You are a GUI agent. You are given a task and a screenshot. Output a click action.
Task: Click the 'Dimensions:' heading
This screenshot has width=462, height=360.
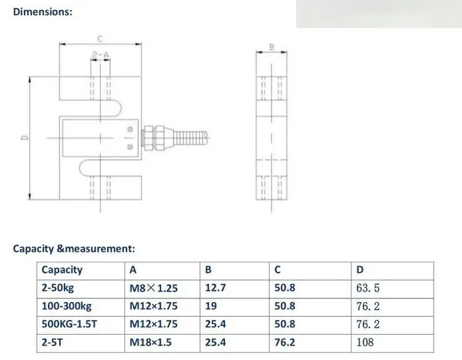pos(43,12)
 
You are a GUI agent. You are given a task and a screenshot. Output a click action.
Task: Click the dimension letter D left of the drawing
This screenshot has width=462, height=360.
pos(23,138)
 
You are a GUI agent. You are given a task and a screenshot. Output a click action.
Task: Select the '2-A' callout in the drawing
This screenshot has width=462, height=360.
pos(100,55)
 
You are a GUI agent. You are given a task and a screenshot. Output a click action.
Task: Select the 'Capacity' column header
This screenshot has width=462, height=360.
pos(62,269)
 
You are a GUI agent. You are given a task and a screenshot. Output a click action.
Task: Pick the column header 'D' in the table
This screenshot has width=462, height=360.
pos(360,269)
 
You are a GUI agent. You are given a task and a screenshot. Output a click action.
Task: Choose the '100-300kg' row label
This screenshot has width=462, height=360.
pos(65,306)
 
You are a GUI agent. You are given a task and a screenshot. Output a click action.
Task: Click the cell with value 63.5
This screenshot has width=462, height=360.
pos(368,288)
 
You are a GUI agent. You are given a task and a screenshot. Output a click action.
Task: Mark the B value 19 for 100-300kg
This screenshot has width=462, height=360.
pos(210,306)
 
